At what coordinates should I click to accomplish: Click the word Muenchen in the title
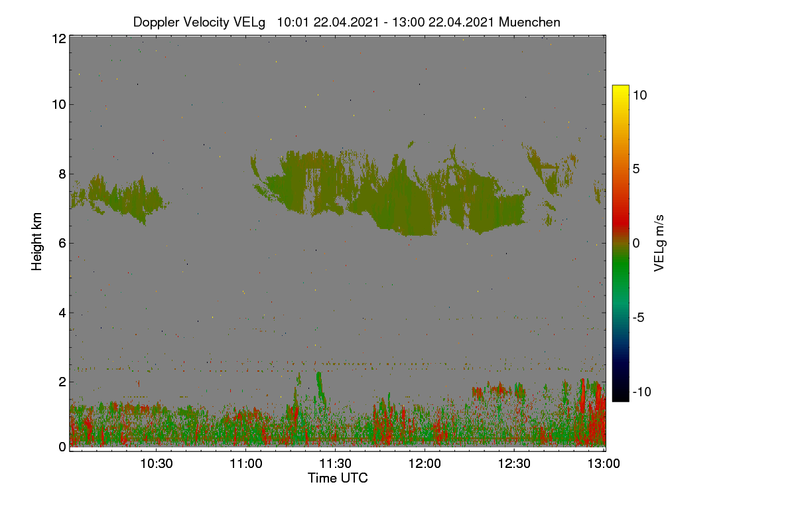tap(529, 22)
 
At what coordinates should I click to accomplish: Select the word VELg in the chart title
tap(249, 23)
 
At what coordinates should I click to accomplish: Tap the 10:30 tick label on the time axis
tap(157, 463)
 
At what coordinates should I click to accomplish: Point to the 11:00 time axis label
tap(246, 463)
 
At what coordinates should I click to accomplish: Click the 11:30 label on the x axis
tap(335, 463)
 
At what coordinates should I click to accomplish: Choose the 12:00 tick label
tap(425, 463)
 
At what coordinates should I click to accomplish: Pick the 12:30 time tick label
tap(514, 463)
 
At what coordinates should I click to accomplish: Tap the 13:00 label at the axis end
tap(604, 463)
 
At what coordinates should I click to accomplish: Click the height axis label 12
tap(59, 38)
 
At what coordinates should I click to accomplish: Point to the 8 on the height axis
tap(62, 174)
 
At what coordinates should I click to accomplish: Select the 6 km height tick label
tap(62, 244)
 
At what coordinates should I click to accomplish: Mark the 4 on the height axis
tap(62, 313)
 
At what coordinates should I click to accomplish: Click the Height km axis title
tap(36, 242)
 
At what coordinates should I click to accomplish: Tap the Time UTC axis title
tap(338, 478)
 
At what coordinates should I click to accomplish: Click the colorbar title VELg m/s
tap(659, 243)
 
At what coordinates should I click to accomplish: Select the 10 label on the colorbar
tap(639, 95)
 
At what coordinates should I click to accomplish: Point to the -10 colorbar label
tap(642, 392)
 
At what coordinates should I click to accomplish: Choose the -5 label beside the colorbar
tap(638, 317)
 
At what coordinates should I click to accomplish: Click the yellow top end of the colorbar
tap(620, 86)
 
